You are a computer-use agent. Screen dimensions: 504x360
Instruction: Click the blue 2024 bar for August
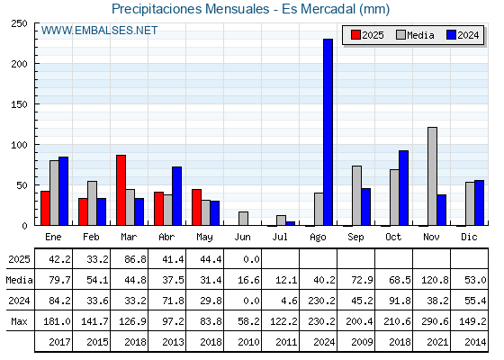click(x=328, y=132)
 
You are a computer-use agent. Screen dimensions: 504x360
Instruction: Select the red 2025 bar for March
click(x=121, y=190)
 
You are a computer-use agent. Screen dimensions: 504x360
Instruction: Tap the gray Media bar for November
click(x=432, y=176)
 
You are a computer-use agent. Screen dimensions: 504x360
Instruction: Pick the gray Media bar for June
click(x=243, y=219)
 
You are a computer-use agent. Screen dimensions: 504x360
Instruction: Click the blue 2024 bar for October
click(x=404, y=188)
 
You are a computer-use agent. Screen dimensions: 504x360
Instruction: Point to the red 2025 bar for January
click(x=45, y=208)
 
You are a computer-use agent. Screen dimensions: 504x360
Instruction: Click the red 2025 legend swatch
click(x=355, y=35)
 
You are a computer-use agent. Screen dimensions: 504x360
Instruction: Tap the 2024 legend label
click(x=468, y=35)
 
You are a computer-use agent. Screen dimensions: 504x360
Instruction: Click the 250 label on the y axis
click(x=19, y=23)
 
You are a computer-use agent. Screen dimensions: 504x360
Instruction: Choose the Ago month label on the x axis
click(x=318, y=238)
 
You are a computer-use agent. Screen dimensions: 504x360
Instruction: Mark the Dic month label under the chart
click(x=469, y=237)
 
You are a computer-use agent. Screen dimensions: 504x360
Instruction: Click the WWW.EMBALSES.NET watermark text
click(x=99, y=31)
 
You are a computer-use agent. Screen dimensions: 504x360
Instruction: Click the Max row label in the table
click(x=19, y=321)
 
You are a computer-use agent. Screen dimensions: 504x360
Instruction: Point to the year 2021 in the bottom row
click(x=437, y=342)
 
